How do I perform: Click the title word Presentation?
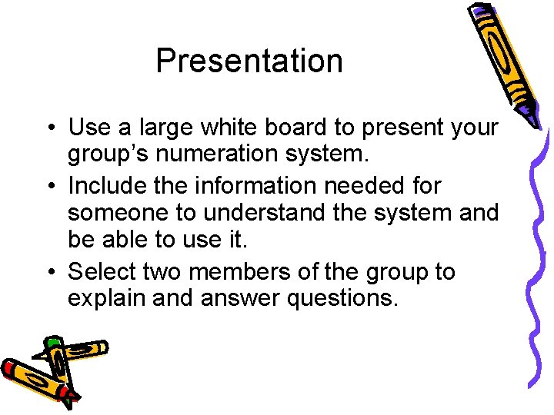click(249, 61)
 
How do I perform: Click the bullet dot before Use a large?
click(48, 128)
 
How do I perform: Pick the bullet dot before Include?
click(48, 186)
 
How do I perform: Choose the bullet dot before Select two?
click(48, 273)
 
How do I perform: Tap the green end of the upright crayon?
click(53, 343)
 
